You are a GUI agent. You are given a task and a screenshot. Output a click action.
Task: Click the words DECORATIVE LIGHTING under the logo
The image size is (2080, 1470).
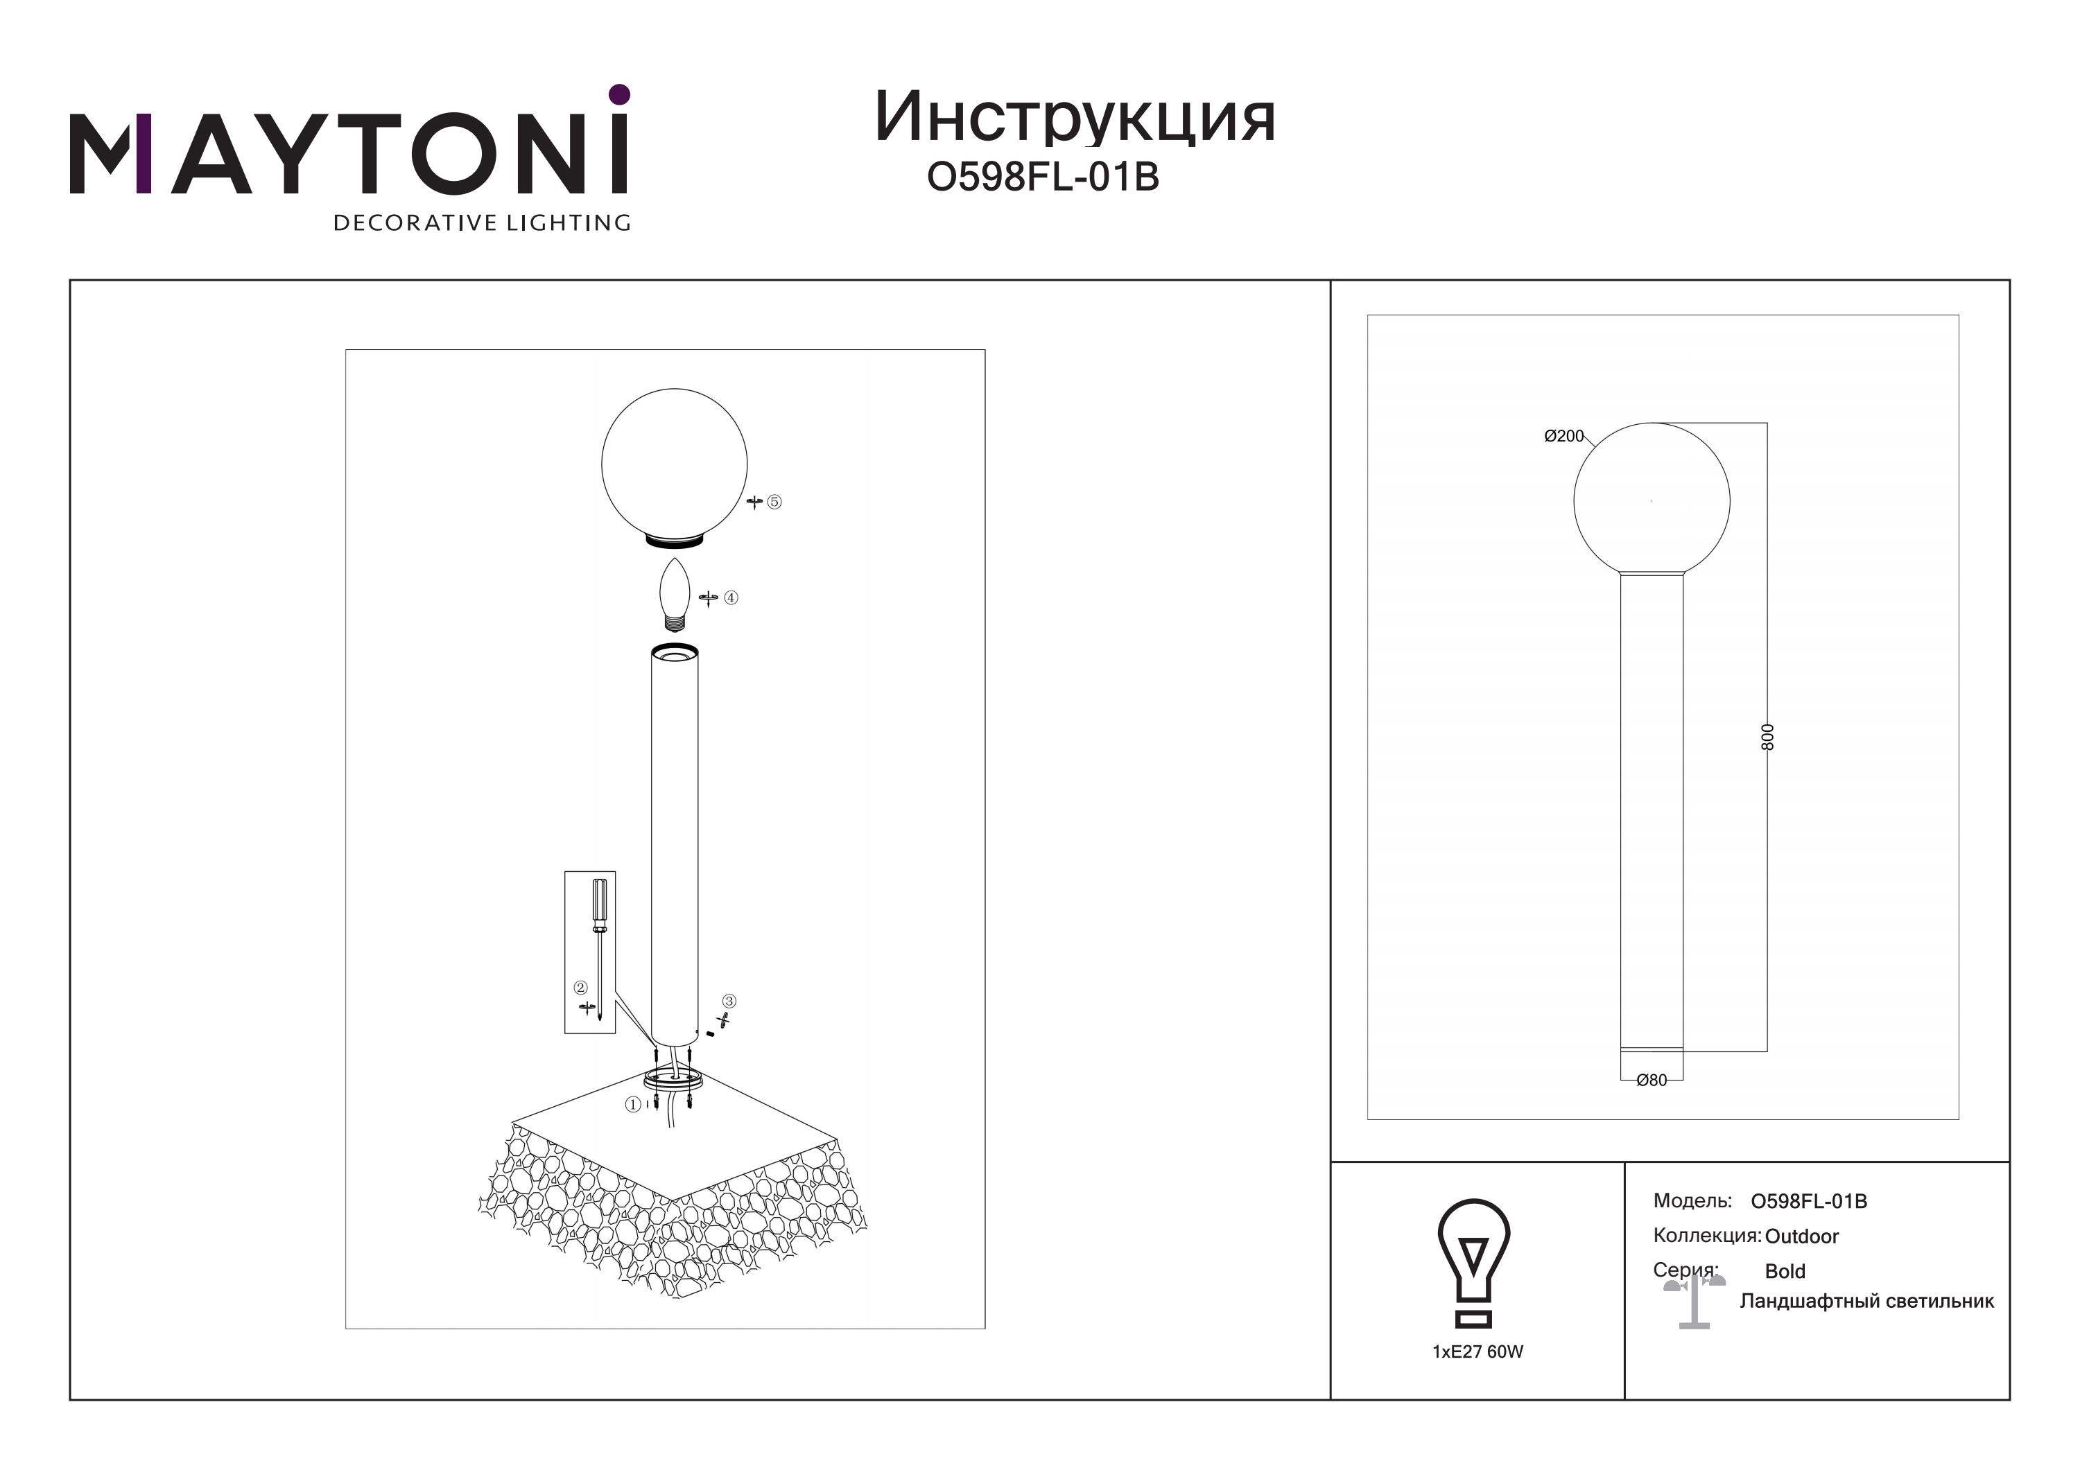[x=482, y=222]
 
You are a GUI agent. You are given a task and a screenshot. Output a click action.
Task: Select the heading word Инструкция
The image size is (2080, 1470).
[x=1075, y=119]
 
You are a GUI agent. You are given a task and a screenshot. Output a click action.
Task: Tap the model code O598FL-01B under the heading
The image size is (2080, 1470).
[x=1043, y=177]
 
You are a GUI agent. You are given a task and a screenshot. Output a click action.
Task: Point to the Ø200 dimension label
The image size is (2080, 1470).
[x=1563, y=436]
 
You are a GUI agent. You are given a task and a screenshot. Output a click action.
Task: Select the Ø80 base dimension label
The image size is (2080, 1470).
[x=1652, y=1080]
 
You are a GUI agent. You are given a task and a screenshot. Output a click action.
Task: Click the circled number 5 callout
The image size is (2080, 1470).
[x=774, y=502]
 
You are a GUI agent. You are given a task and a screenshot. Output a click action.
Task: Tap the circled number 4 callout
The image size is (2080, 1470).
[x=731, y=598]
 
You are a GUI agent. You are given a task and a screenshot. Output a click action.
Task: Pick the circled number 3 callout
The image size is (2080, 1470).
[x=729, y=1001]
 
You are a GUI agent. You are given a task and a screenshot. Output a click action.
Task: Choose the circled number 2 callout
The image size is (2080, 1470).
[x=581, y=987]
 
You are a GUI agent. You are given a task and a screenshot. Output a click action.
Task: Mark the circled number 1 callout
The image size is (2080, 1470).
[x=633, y=1105]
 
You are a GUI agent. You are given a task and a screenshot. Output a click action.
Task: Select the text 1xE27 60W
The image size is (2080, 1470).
[x=1477, y=1351]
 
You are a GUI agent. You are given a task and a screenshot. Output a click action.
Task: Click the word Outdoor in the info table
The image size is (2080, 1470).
[x=1802, y=1236]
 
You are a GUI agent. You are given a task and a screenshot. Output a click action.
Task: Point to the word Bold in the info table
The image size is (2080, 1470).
[x=1785, y=1272]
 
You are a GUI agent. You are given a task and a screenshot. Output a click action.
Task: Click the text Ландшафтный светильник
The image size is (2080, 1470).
[x=1867, y=1302]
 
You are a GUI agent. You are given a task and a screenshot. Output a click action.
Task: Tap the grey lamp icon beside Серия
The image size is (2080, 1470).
[x=1694, y=1301]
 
